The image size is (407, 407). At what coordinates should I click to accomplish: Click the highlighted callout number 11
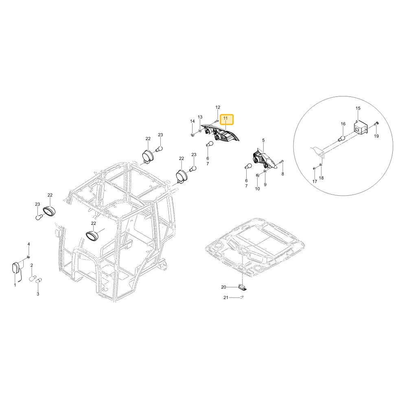[225, 118]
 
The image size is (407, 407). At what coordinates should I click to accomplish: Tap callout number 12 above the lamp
[218, 107]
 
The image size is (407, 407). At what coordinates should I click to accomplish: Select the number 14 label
[193, 121]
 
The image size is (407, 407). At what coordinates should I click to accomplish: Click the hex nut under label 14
[192, 134]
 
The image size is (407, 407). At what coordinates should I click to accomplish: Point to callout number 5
[263, 140]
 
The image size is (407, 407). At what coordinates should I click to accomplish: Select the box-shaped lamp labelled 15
[361, 128]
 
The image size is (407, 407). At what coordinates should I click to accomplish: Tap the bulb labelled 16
[342, 138]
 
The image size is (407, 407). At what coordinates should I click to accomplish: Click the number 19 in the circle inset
[376, 136]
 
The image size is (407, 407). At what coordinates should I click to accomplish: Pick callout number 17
[315, 182]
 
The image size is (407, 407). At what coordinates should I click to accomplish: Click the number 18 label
[322, 178]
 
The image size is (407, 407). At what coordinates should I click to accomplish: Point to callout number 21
[226, 298]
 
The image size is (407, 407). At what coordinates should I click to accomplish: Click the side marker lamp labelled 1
[16, 268]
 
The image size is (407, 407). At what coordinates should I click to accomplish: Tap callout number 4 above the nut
[29, 244]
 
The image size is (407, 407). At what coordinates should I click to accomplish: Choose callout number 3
[38, 294]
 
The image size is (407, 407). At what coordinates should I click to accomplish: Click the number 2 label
[32, 265]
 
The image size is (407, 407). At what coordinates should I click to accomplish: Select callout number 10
[258, 189]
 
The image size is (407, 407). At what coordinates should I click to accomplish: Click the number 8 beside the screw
[283, 174]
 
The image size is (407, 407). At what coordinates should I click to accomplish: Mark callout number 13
[200, 117]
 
